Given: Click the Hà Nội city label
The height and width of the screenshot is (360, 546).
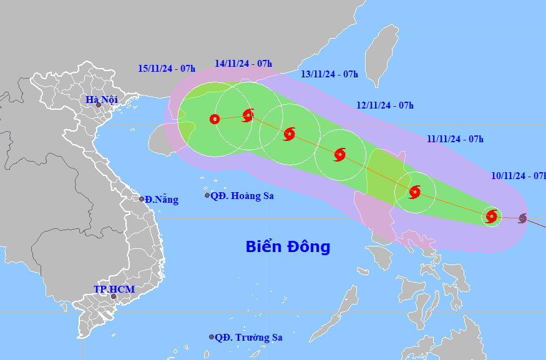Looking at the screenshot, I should coord(101,99).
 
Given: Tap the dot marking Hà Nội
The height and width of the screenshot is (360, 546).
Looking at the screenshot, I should coord(99,105).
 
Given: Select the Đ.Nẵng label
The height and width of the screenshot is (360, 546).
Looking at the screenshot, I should coord(161,200).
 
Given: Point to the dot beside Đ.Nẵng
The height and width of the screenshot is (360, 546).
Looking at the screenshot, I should coord(142,199).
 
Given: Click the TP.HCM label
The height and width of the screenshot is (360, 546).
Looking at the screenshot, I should coord(114,289).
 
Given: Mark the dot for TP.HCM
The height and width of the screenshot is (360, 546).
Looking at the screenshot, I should coord(114,296).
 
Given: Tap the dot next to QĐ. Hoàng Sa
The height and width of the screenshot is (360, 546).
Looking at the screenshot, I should coord(207,195).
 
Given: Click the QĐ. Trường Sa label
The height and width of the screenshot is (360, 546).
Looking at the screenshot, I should coord(248,338).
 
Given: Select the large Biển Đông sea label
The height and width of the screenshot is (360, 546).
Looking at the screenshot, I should coord(288,246).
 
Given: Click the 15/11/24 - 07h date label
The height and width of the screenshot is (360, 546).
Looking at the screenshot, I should coord(167,68).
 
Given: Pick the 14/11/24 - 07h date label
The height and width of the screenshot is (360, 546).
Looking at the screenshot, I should coord(243,64).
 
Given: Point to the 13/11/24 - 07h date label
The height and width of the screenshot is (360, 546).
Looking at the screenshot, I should coord(329,74).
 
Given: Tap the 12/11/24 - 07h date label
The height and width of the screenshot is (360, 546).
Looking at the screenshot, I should coord(385,105).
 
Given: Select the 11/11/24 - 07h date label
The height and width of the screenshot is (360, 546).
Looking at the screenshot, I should coord(455,139).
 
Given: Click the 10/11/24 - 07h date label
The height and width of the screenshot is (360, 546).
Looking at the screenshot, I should coord(518,175).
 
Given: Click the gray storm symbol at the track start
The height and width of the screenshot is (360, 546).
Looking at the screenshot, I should coord(522,218).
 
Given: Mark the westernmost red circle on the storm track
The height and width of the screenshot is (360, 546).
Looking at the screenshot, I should coord(215,119).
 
